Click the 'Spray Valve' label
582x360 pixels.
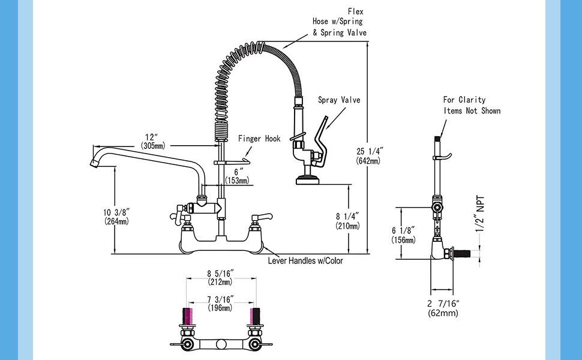tap(339, 100)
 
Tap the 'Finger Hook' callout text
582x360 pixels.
tap(259, 139)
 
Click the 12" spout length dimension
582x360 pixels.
tap(155, 141)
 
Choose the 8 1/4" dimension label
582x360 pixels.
tap(347, 221)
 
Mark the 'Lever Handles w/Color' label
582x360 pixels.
tap(307, 261)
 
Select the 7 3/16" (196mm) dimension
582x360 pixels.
tap(220, 303)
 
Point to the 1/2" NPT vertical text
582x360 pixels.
tap(479, 212)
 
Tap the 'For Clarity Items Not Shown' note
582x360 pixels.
tap(472, 105)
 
